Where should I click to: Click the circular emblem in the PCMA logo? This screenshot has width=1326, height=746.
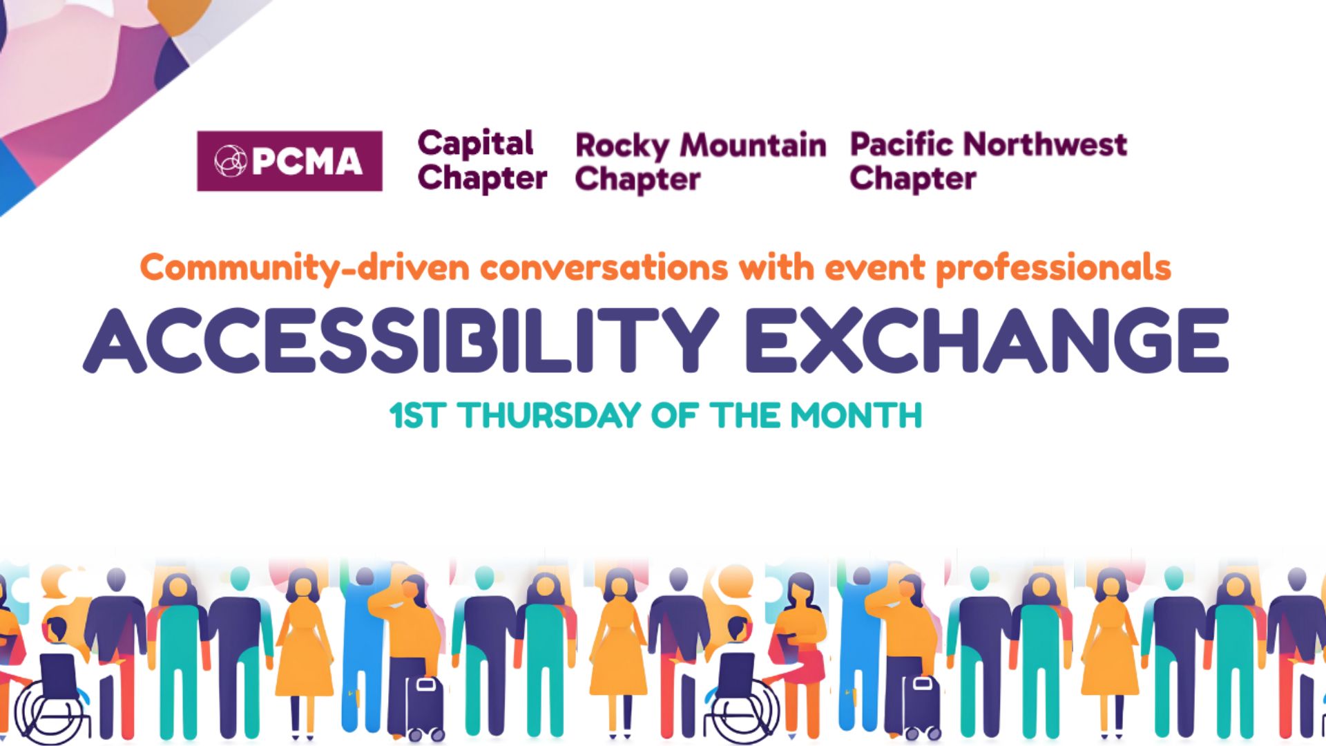point(230,161)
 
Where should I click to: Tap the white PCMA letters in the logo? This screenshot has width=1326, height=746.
point(307,162)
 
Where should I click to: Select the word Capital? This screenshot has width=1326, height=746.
point(475,144)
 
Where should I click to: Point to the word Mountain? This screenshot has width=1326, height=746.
point(753,145)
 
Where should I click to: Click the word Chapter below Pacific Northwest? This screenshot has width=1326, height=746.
point(913,179)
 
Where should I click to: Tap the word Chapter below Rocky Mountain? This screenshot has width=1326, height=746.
point(638,180)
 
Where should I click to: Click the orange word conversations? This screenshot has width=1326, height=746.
point(604,268)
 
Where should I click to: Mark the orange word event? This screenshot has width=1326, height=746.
point(874,268)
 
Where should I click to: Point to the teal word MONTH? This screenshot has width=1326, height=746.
point(856,415)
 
